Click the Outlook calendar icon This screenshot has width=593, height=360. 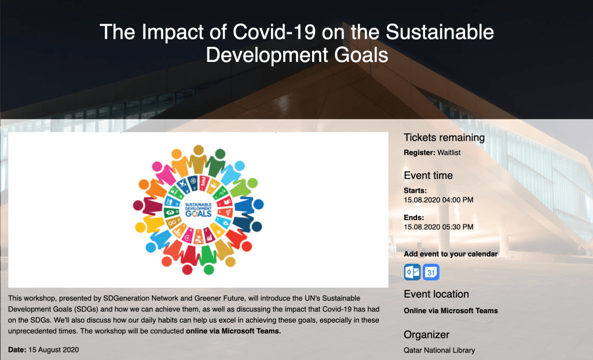point(412,272)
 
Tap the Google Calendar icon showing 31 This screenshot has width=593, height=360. point(431,272)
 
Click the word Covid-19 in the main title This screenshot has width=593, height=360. point(274,32)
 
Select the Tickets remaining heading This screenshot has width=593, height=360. point(444,138)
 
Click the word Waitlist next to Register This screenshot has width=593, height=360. point(449,153)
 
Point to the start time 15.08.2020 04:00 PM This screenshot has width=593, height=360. point(438,200)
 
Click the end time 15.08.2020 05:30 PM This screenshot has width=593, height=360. point(438,227)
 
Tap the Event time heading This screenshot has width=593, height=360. point(428,175)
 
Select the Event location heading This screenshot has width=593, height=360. point(437,294)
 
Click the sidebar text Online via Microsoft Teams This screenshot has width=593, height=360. point(451,311)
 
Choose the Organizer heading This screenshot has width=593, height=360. point(427,335)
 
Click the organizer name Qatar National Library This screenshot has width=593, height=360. point(439,351)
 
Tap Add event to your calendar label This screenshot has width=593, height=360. point(451,254)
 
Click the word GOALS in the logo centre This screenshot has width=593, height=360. point(198,214)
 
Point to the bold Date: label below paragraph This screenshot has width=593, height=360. point(17,350)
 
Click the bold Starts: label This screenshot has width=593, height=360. point(415,190)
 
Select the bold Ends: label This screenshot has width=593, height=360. point(413,218)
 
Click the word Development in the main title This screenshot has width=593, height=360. point(266,55)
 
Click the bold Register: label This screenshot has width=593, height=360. point(419,153)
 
